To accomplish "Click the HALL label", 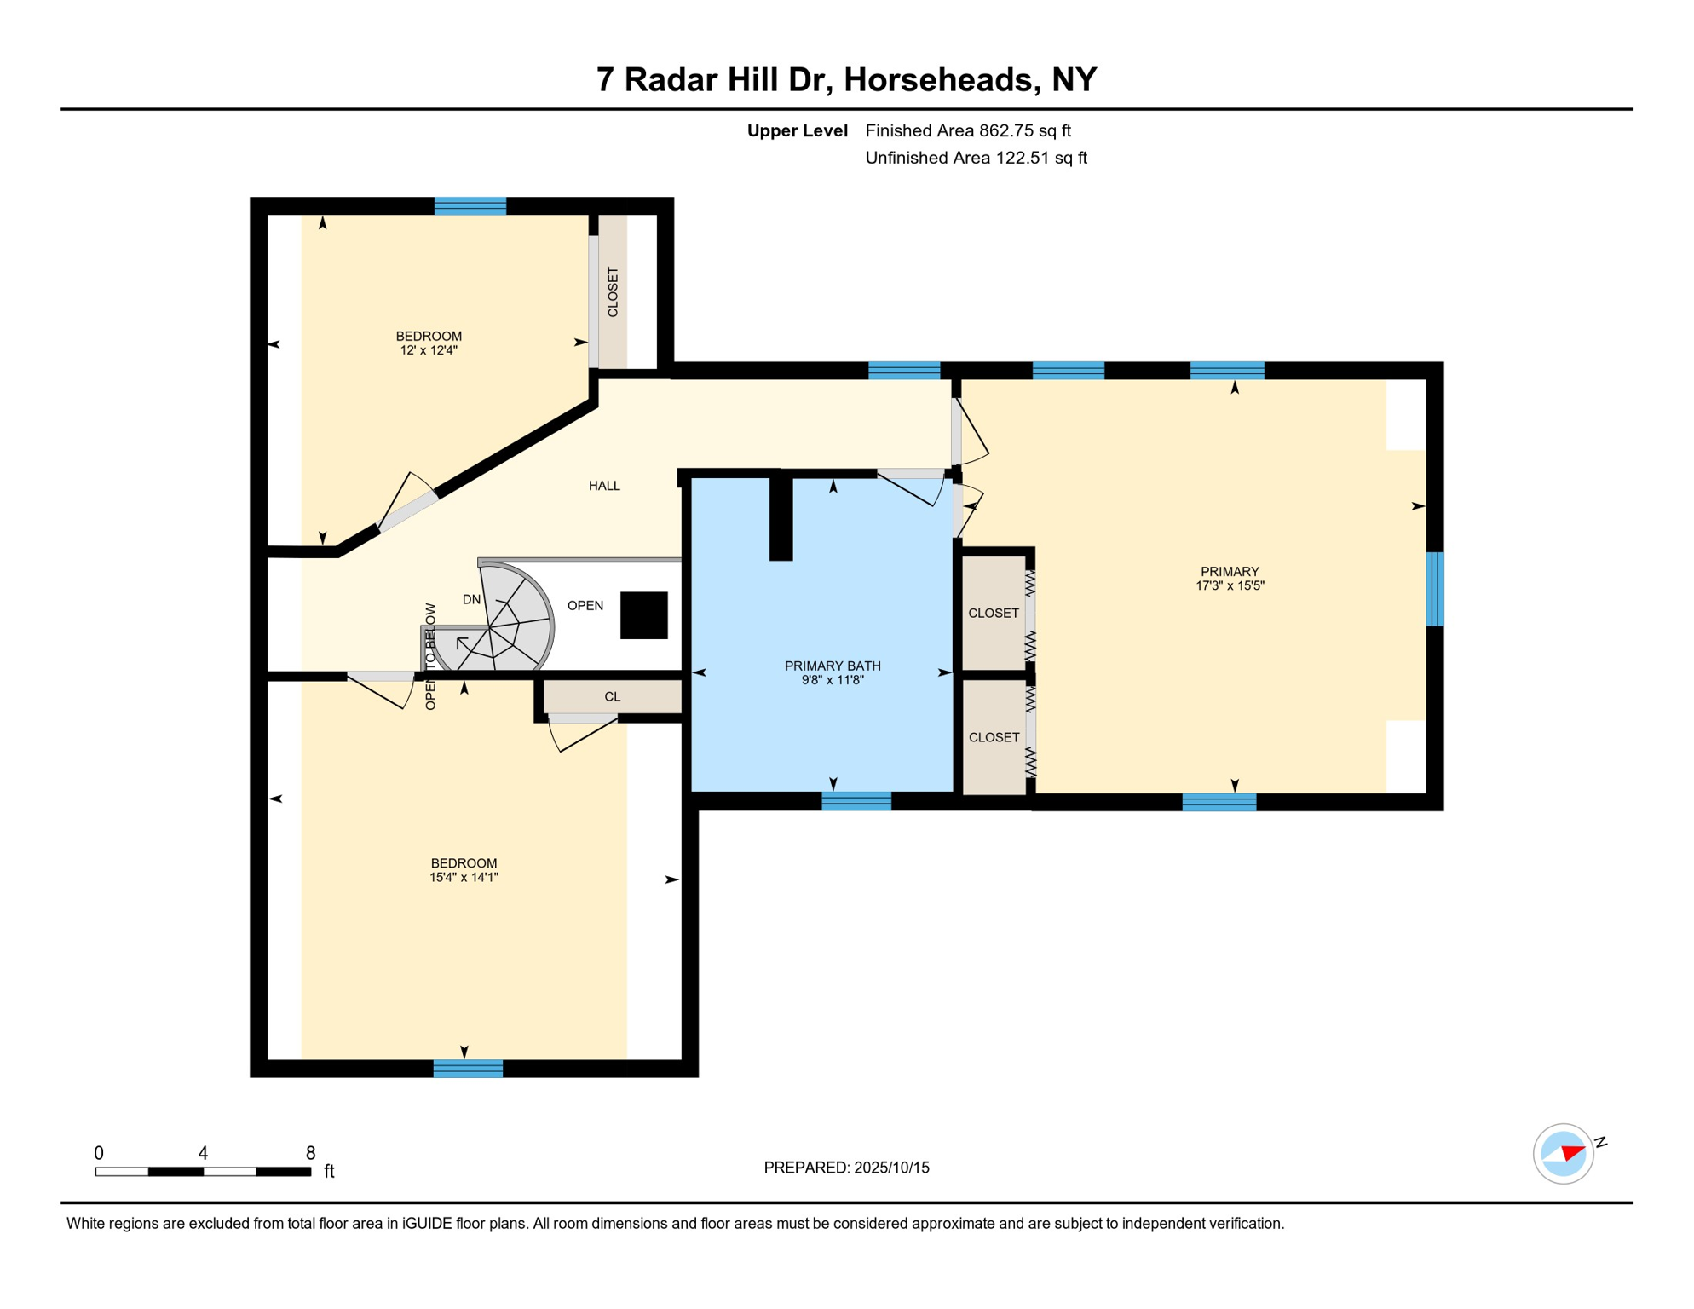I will [x=604, y=486].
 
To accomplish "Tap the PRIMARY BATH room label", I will [x=833, y=666].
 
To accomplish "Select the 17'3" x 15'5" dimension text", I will [x=1230, y=585].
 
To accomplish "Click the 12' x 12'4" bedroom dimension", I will [x=429, y=350].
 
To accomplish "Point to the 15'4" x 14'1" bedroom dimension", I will [x=464, y=877].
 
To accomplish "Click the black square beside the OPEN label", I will [x=643, y=615].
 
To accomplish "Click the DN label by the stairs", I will [x=471, y=600].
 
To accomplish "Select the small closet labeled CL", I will [x=612, y=696].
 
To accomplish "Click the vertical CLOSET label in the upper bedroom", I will [x=613, y=292].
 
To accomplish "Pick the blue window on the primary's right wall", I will [x=1435, y=589].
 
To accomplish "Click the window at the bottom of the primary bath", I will [x=856, y=800].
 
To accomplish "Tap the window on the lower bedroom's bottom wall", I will [x=468, y=1069].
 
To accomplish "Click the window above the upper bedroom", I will [x=470, y=205].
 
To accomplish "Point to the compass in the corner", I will [x=1564, y=1154].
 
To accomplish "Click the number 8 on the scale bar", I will [x=311, y=1153].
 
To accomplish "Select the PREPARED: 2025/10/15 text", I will [x=846, y=1168].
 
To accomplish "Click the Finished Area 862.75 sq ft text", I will [x=968, y=130].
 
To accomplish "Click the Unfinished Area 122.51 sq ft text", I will [x=976, y=158].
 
